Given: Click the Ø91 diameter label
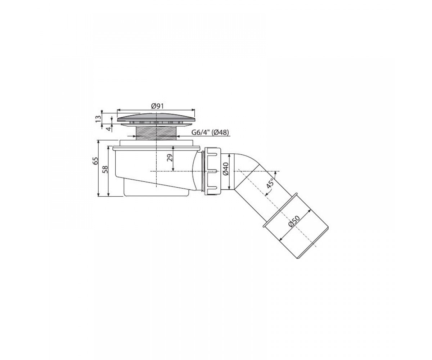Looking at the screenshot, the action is point(157,106).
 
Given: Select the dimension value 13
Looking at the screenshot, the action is point(99,118).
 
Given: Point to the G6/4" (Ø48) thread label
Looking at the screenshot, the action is point(210,132).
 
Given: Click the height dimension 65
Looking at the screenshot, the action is point(95,161).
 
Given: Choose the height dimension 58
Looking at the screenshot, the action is point(105,169).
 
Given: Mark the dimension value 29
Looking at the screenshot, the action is point(170,158).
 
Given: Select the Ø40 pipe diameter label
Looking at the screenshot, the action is point(226,169).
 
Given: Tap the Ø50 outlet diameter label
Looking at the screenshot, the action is point(294,222).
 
